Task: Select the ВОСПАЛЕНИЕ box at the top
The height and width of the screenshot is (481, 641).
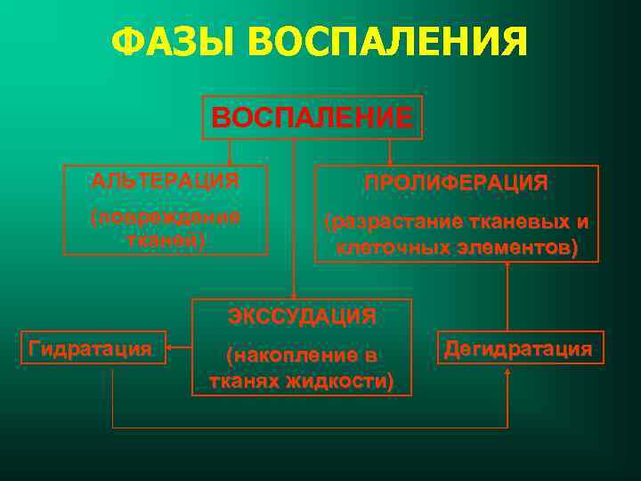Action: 312,118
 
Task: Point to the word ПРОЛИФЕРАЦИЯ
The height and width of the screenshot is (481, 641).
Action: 456,183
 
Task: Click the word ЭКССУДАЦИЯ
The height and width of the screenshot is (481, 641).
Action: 302,316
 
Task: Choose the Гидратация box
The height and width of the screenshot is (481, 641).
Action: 90,348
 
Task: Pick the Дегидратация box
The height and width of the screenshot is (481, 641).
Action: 518,348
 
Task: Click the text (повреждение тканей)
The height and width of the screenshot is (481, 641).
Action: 166,229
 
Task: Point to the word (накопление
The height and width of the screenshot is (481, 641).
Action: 302,355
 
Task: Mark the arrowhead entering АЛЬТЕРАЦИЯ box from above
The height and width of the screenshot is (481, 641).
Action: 231,161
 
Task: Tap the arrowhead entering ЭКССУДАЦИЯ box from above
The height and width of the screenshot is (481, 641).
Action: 294,295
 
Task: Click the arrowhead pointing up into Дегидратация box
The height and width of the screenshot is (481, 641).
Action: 507,370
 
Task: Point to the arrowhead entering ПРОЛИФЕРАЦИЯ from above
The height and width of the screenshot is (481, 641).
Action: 391,161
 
